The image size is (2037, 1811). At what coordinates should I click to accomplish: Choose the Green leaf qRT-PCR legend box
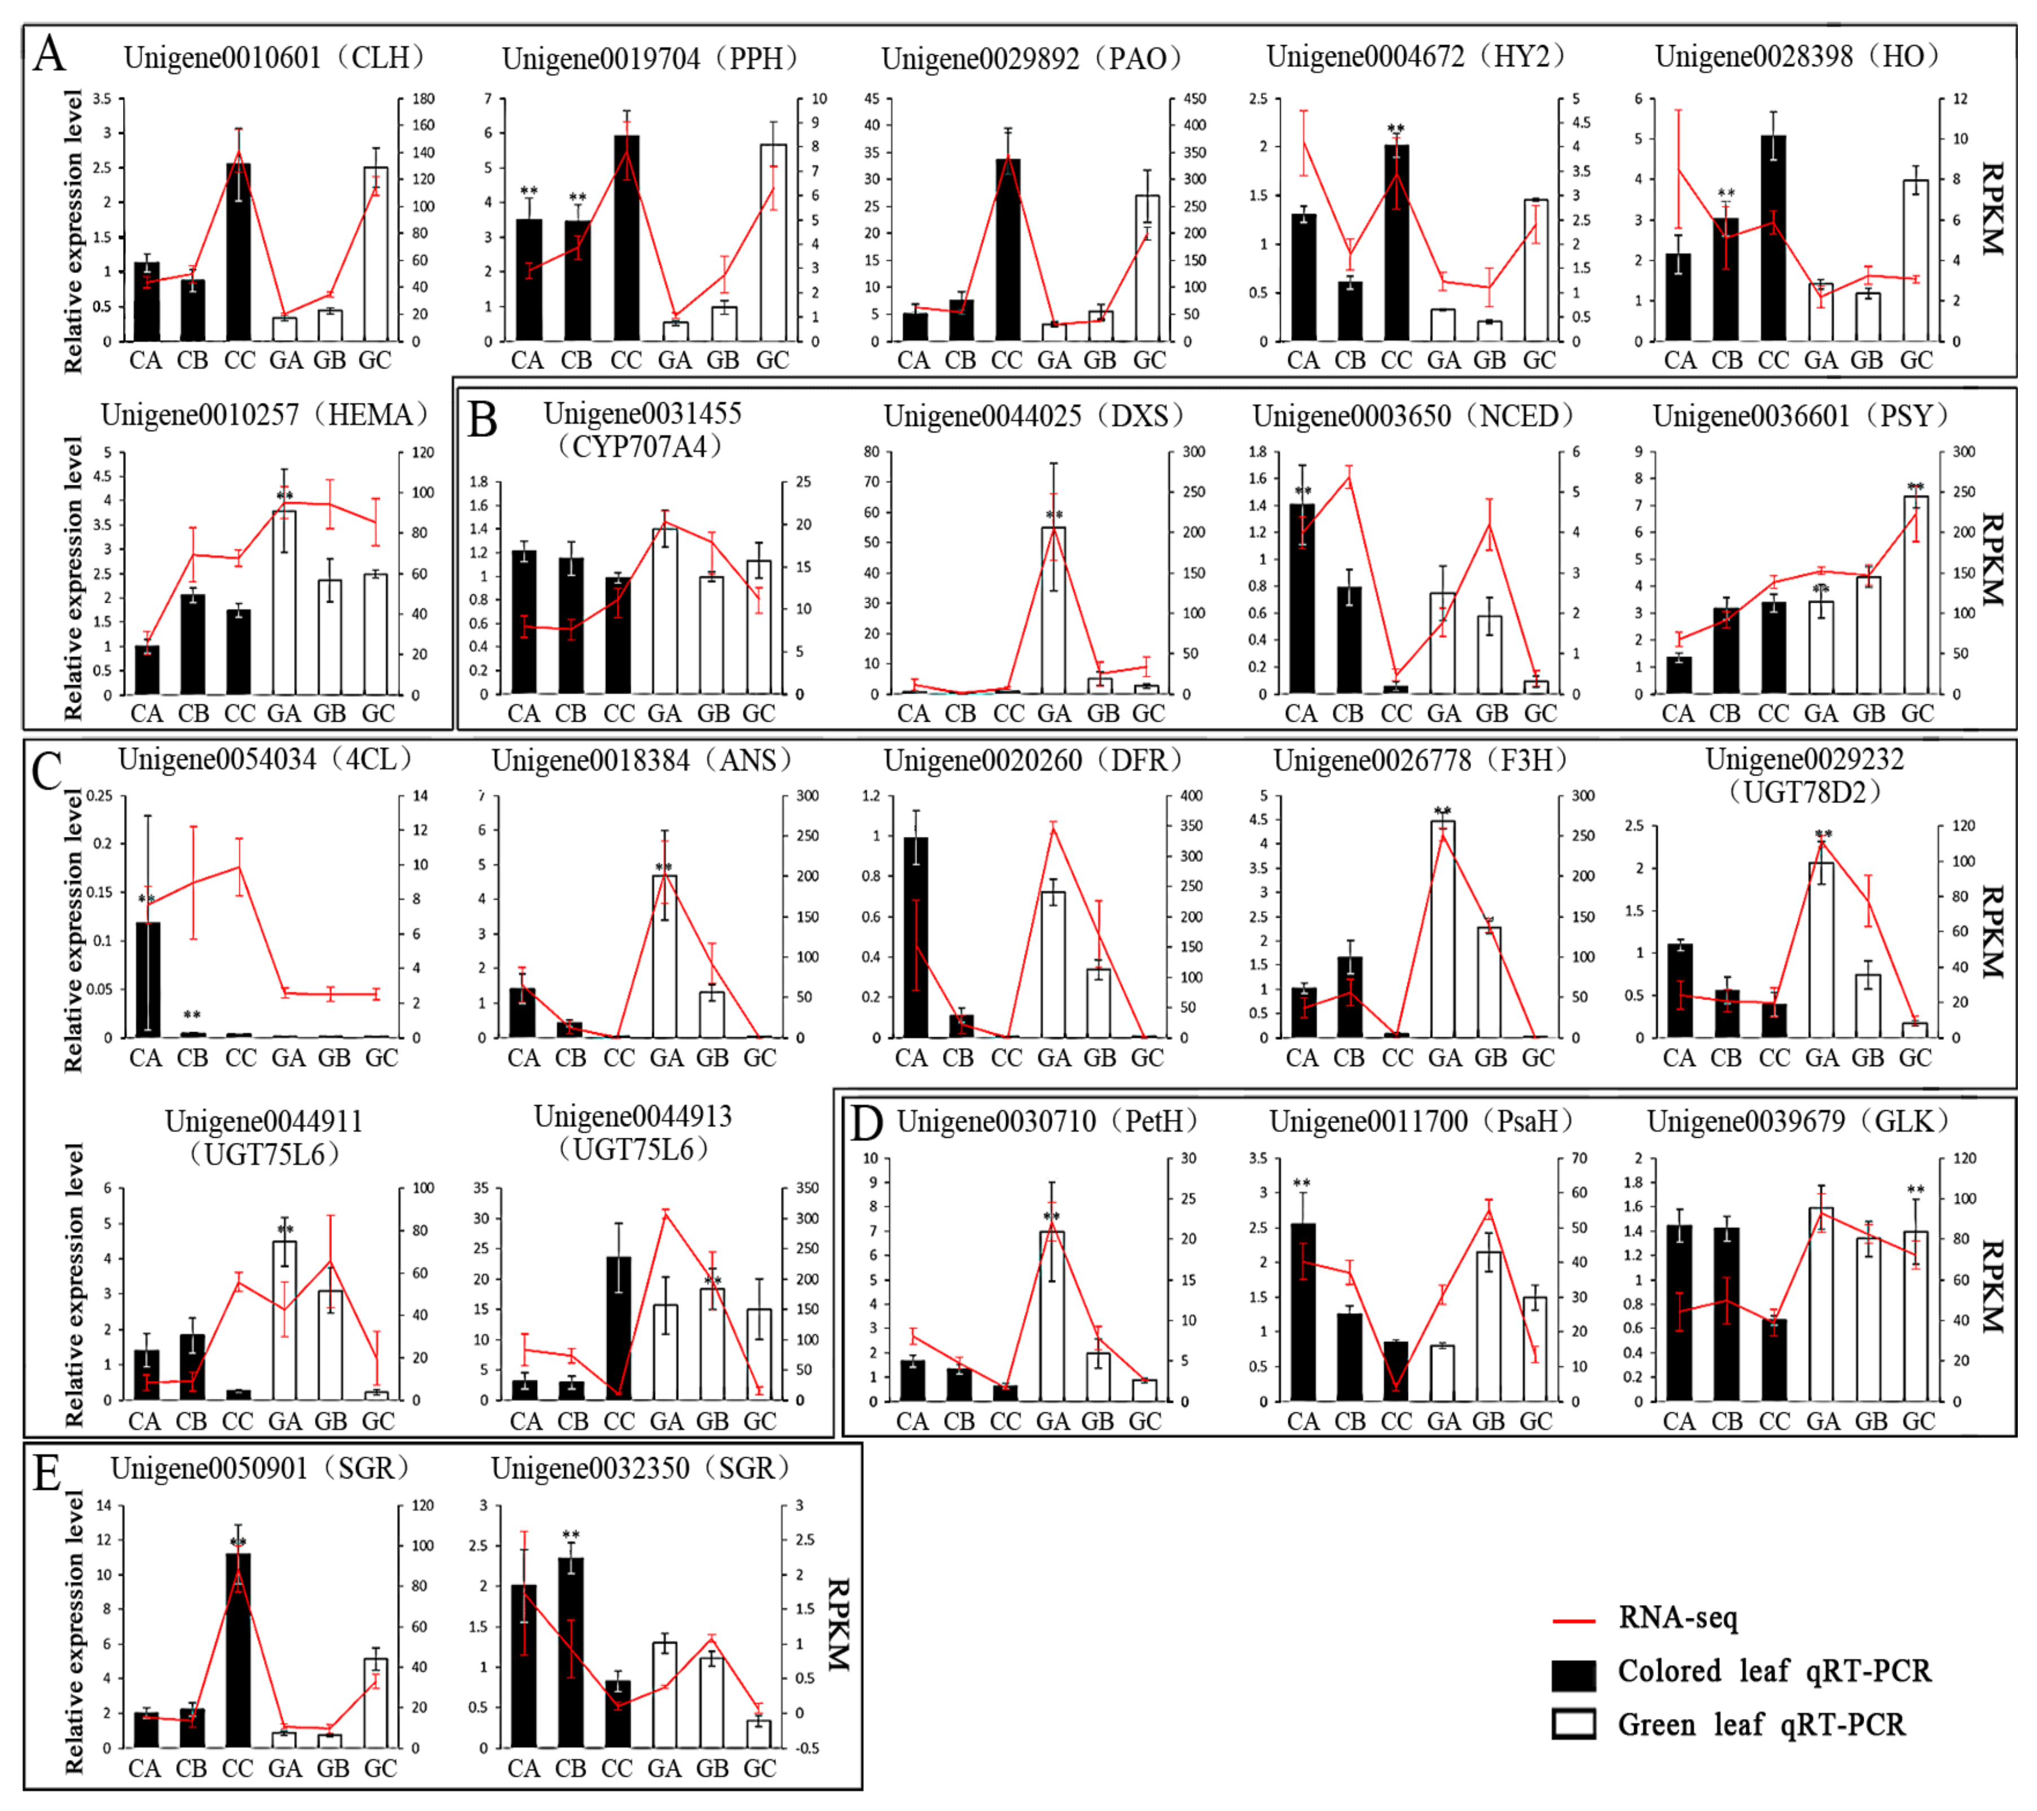[x=1574, y=1724]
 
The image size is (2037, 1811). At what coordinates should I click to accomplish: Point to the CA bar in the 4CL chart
[x=147, y=979]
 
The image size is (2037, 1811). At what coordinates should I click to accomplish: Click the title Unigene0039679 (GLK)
[x=1798, y=1121]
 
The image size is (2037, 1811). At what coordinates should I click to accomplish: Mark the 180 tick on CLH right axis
[x=423, y=99]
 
